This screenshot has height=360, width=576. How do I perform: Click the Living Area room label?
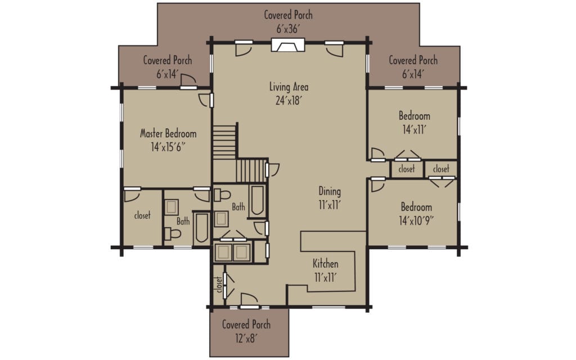[x=289, y=93]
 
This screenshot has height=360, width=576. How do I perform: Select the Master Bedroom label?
[x=168, y=140]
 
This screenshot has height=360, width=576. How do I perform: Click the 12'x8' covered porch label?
[x=246, y=331]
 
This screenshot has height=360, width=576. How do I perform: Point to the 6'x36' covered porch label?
[x=288, y=21]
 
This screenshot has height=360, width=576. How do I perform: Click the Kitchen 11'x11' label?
[x=326, y=269]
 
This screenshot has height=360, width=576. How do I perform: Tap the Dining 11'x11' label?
[x=329, y=197]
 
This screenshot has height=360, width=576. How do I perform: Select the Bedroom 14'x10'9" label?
[x=416, y=213]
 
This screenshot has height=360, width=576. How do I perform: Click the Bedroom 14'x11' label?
[x=415, y=122]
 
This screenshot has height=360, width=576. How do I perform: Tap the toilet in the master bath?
[x=174, y=234]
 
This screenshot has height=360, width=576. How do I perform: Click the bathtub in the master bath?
[x=201, y=228]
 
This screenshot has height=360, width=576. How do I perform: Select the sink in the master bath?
[x=172, y=206]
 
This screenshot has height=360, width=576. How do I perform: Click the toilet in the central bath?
[x=222, y=195]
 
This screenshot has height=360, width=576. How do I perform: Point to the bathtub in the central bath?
[x=258, y=200]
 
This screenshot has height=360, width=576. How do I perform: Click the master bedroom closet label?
[x=142, y=215]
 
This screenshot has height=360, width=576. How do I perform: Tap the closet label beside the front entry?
[x=219, y=285]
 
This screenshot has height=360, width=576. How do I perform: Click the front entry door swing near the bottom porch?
[x=247, y=299]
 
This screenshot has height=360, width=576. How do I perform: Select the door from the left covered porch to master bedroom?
[x=188, y=83]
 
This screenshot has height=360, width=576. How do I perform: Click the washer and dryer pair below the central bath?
[x=232, y=251]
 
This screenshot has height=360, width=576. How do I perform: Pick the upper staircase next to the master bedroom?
[x=225, y=142]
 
